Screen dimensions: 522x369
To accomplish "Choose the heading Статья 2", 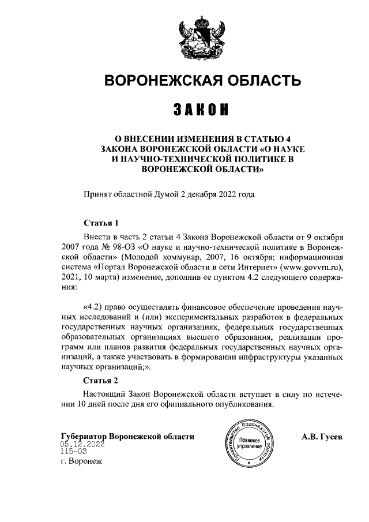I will tap(101, 381).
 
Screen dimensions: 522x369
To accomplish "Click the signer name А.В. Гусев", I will tap(321, 437).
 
